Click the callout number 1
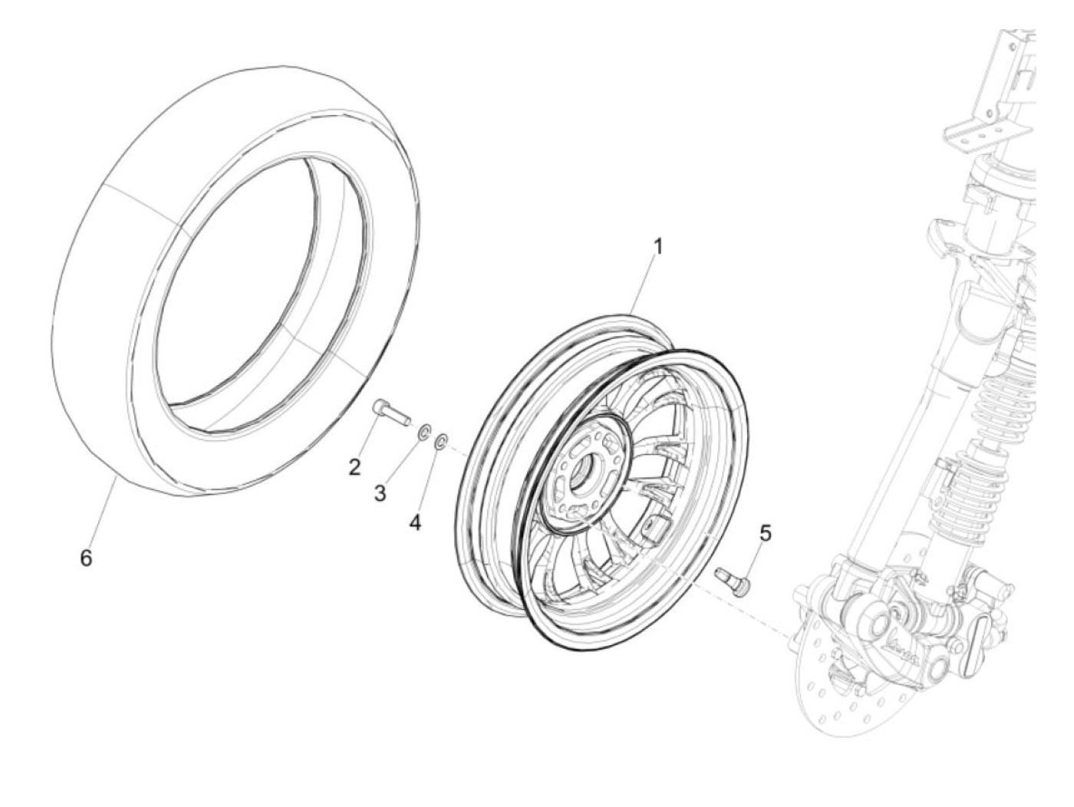click(657, 247)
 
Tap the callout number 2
click(354, 466)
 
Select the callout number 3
click(381, 492)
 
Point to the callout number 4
click(415, 522)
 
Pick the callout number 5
click(764, 532)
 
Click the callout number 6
click(86, 558)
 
